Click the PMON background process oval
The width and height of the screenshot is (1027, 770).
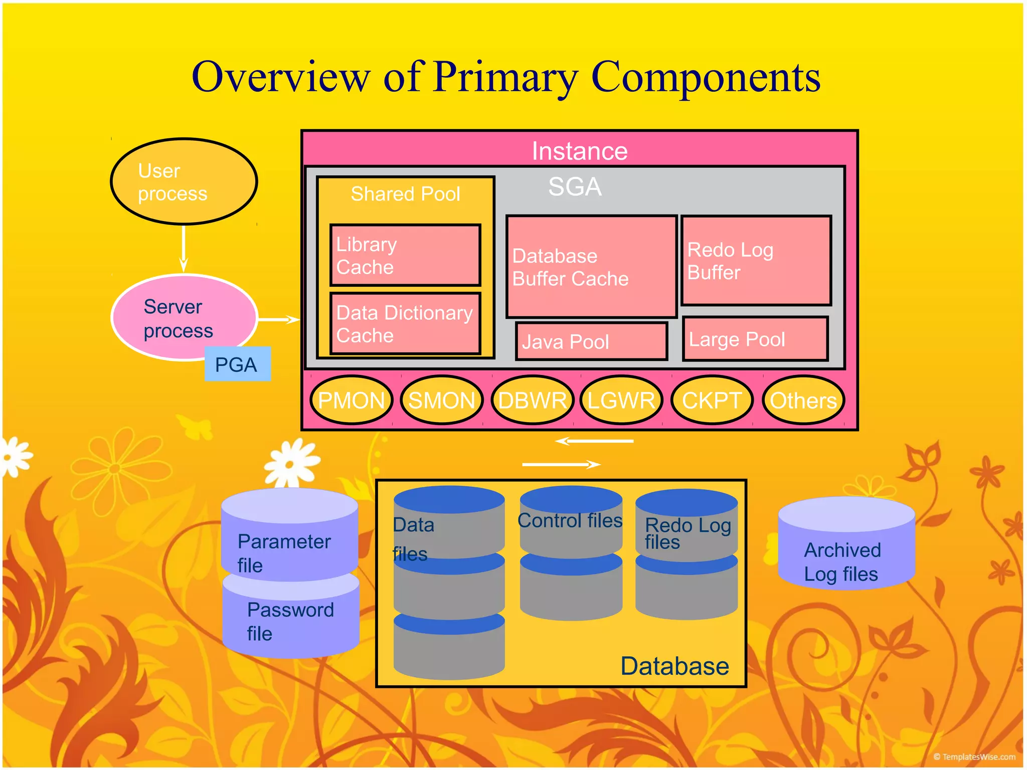(351, 400)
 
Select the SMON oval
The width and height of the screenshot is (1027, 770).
(441, 400)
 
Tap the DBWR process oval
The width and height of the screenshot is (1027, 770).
(532, 400)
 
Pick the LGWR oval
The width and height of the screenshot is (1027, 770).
(621, 400)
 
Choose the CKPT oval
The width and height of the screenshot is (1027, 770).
(712, 400)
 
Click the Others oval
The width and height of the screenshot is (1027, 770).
(803, 400)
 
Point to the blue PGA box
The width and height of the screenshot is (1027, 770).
(237, 364)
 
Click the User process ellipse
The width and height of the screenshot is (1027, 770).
(184, 181)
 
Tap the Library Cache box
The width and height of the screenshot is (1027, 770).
(405, 255)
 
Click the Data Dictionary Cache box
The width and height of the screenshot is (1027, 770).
(405, 323)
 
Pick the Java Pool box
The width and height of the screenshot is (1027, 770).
(591, 341)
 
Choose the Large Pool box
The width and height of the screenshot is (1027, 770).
(755, 339)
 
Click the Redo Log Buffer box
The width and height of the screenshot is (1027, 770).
(756, 261)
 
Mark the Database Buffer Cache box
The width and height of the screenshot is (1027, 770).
(591, 267)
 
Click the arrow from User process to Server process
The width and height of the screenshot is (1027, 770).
(184, 248)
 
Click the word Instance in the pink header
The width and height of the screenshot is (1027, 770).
(579, 151)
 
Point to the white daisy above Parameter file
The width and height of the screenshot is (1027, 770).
(291, 464)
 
